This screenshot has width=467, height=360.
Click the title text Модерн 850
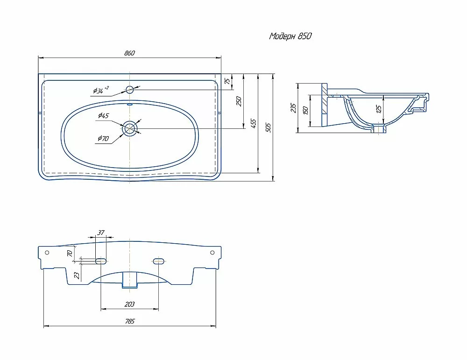pos(290,36)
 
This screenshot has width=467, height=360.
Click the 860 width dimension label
pos(129,53)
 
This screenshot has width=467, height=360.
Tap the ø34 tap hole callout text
pos(101,90)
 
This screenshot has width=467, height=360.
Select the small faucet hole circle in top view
pos(130,89)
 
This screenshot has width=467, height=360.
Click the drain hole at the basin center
pos(129,128)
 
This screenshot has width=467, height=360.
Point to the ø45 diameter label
pos(103,115)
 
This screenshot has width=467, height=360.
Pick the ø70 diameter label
pos(103,138)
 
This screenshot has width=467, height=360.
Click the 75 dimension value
pos(227,81)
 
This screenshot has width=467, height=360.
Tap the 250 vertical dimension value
pos(239,101)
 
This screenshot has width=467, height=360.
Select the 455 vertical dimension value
pos(253,124)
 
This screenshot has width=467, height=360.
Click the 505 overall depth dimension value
pos(268,127)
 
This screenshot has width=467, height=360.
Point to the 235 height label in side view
pos(293,108)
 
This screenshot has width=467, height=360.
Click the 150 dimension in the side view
pos(305,110)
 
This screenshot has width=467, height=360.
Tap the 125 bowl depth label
pos(379,109)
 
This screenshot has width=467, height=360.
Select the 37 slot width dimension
pos(101,232)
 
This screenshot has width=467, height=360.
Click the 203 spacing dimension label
pos(129,304)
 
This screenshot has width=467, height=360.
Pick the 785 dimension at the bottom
pos(130,321)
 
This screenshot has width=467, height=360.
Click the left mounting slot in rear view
pos(101,261)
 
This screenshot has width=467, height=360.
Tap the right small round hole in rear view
pos(212,253)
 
